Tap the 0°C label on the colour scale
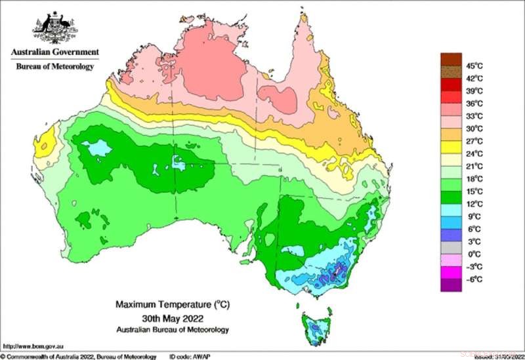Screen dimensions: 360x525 pyautogui.click(x=471, y=254)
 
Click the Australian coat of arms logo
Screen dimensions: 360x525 pyautogui.click(x=54, y=28)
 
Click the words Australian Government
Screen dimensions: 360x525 pyautogui.click(x=54, y=52)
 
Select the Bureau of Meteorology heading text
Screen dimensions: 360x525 pyautogui.click(x=54, y=66)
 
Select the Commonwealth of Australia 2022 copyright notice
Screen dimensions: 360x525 pyautogui.click(x=79, y=356)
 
